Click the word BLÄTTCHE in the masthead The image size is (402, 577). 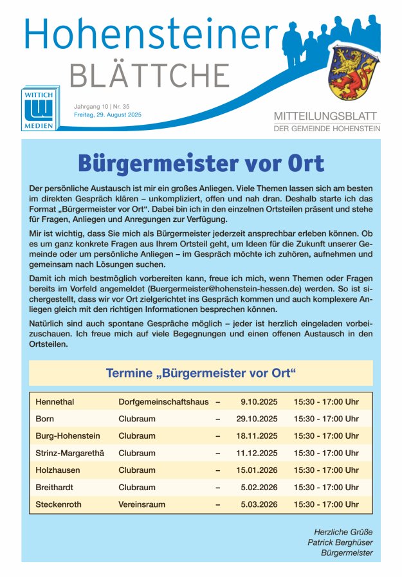[x=149, y=75]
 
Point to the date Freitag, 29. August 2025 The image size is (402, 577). [x=108, y=114]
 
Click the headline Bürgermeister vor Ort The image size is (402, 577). [x=201, y=163]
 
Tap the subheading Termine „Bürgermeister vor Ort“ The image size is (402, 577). [x=201, y=373]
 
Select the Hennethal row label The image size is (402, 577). [x=55, y=402]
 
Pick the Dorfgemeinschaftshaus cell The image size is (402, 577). [x=163, y=402]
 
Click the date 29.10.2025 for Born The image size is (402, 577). [x=257, y=419]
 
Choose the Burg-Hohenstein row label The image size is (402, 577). [x=68, y=436]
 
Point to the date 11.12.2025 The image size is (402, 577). [x=257, y=453]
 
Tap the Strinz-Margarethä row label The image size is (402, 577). [x=69, y=453]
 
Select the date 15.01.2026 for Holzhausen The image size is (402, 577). [x=257, y=470]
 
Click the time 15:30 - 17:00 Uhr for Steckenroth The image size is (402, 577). [x=326, y=504]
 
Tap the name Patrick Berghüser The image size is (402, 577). [x=340, y=542]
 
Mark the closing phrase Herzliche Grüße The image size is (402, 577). [x=343, y=532]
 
